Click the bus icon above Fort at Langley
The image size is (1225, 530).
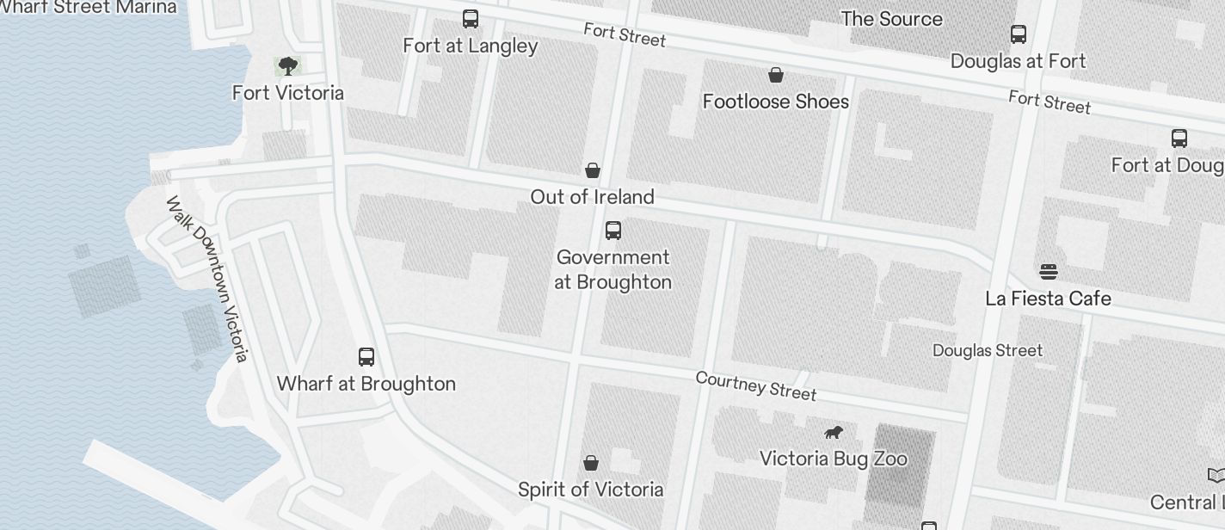[x=471, y=19]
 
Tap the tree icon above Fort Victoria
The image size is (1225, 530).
[x=287, y=65]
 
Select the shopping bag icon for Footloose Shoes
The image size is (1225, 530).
[x=776, y=76]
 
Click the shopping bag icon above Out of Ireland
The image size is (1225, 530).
[x=593, y=170]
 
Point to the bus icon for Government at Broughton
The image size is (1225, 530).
[x=613, y=231]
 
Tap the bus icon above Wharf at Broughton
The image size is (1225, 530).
[x=366, y=357]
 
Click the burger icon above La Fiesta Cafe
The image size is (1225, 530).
[x=1048, y=272]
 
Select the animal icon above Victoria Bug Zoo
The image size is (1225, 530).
[x=833, y=433]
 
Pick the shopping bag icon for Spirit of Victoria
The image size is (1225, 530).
[x=591, y=464]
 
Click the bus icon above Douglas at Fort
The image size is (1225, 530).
[x=1019, y=34]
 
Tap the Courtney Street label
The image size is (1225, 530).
[x=755, y=385]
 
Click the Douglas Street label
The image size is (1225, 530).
[x=988, y=350]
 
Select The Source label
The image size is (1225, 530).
[x=891, y=19]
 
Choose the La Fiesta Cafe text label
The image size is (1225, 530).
[x=1048, y=299]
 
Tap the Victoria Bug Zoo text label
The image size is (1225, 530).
[x=833, y=459]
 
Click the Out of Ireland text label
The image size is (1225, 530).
[x=592, y=197]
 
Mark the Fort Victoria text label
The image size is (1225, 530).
[x=287, y=93]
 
